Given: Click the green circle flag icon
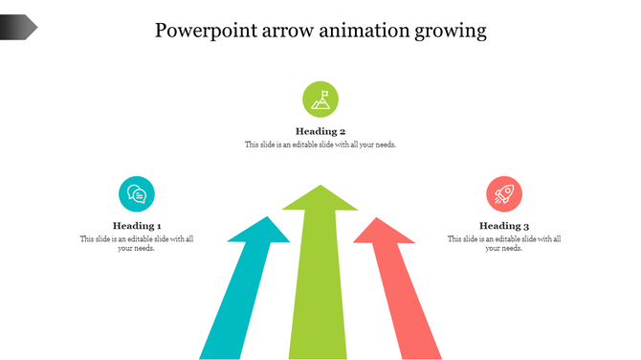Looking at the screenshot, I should click(320, 99).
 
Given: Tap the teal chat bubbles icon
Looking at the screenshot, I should click(137, 194).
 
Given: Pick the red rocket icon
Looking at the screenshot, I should click(503, 194).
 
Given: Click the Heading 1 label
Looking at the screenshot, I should click(137, 226).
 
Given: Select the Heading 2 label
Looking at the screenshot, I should click(320, 131).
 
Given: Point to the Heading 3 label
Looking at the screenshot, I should click(504, 226).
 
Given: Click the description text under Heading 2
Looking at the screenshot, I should click(320, 145).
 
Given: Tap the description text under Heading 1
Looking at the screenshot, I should click(137, 243).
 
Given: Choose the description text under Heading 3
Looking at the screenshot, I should click(504, 243).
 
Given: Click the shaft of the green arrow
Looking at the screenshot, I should click(320, 287).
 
